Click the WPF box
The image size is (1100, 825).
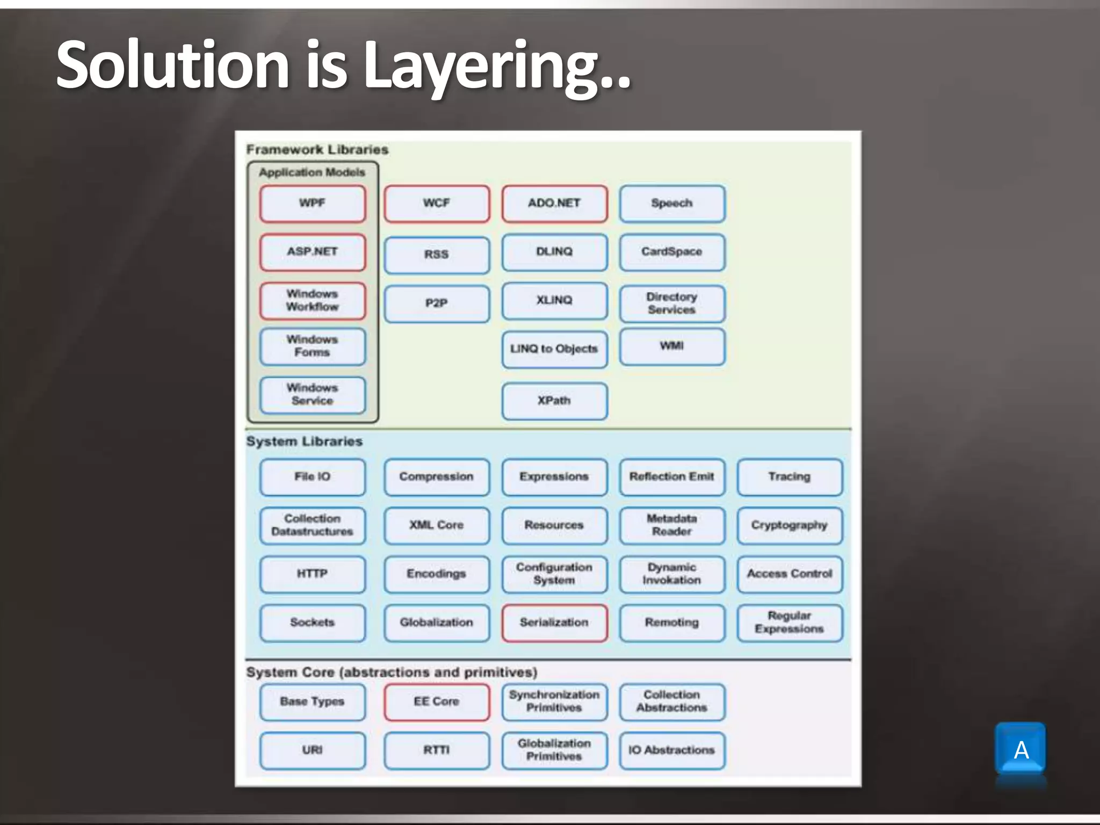[x=312, y=204]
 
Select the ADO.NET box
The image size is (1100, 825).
[x=554, y=204]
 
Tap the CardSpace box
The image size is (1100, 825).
[x=672, y=252]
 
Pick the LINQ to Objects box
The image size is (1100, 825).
[x=554, y=349]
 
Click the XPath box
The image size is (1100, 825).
[x=554, y=401]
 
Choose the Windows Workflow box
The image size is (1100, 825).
[x=312, y=301]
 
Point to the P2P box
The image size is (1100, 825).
[x=437, y=303]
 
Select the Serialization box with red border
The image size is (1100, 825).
[x=554, y=623]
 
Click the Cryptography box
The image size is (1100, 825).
[x=790, y=525]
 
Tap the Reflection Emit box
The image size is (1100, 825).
[x=672, y=477]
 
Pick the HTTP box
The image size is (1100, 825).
[x=312, y=574]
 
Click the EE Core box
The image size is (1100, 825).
[x=437, y=702]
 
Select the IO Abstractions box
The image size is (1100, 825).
[x=672, y=750]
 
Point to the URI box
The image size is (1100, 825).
[x=312, y=750]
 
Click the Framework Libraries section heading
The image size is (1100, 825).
[x=317, y=150]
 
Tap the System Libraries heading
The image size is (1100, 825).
[x=305, y=442]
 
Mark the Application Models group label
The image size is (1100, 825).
[x=312, y=172]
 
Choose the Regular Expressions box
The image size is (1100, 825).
[x=790, y=623]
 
